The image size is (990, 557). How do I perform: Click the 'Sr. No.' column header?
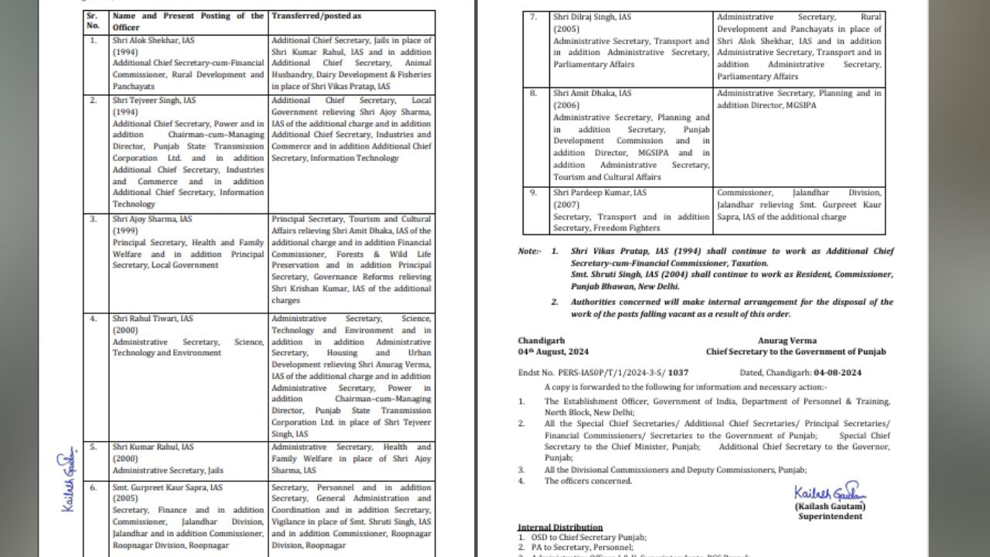(x=92, y=20)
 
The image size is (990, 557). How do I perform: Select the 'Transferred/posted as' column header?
(x=316, y=15)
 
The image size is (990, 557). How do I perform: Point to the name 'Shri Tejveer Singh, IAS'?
(x=154, y=101)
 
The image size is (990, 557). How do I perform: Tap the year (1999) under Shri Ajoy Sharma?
(x=125, y=231)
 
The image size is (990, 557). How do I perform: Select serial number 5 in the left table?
(x=94, y=447)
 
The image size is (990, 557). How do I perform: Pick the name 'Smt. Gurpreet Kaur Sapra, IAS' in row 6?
(x=167, y=487)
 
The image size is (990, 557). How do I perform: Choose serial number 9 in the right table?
(x=533, y=193)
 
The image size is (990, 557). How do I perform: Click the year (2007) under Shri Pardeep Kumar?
(x=566, y=204)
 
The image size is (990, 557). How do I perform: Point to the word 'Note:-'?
(x=530, y=251)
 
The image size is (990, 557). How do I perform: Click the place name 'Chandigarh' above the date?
(x=541, y=340)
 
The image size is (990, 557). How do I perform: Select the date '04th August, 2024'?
(x=553, y=352)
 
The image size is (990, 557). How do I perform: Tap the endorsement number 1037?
(x=678, y=373)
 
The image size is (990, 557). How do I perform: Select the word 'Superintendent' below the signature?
(x=830, y=517)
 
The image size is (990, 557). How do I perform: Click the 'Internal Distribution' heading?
(x=560, y=528)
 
